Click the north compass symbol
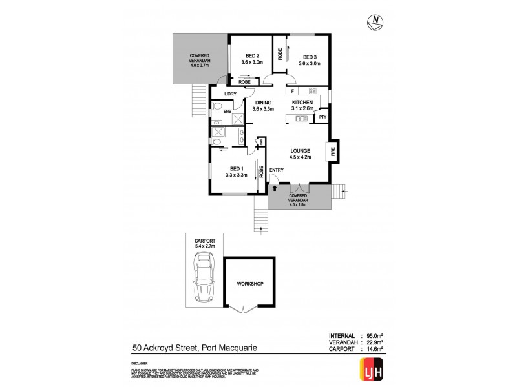[374, 23]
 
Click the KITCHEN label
[302, 103]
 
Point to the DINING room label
[263, 103]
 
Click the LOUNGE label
[301, 150]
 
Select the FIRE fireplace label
[333, 152]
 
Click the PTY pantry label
[322, 117]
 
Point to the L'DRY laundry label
[231, 95]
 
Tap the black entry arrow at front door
[276, 188]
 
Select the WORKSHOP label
[249, 283]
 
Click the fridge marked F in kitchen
[293, 91]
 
